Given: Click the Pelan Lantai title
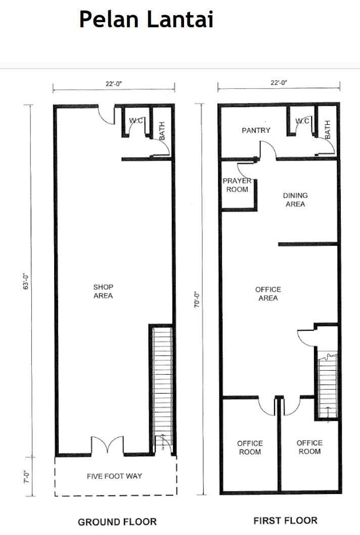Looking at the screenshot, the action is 146,19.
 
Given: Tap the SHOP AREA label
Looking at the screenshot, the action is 103,291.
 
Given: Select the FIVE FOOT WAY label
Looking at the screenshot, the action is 114,476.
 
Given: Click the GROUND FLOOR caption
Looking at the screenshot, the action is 117,522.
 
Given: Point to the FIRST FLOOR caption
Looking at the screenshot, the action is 286,520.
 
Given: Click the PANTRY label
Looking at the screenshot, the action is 256,130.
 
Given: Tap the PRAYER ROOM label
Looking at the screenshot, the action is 237,185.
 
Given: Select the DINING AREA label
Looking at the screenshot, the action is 295,200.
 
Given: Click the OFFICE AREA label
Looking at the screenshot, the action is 268,294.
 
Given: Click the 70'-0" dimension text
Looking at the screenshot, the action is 197,300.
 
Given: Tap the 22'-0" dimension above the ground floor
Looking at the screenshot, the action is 114,83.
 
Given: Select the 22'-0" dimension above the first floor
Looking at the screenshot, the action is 279,82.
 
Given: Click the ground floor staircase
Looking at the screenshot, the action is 162,389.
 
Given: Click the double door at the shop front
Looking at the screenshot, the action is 108,445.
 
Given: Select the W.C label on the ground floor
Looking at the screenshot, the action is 137,120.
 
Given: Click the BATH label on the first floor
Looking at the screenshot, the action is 328,129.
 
